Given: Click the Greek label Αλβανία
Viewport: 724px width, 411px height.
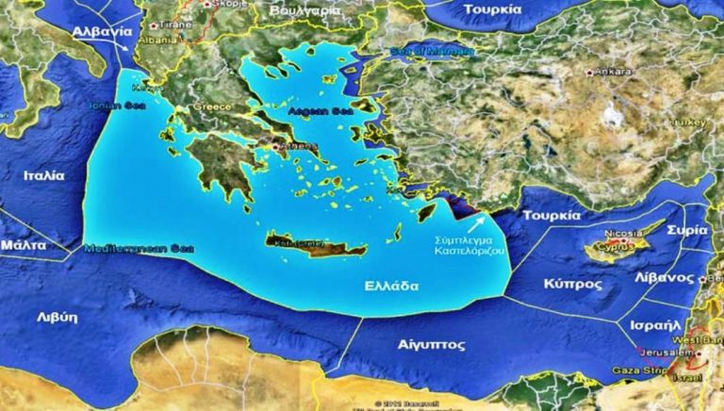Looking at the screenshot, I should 98,31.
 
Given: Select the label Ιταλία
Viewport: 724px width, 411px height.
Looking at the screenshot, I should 44,175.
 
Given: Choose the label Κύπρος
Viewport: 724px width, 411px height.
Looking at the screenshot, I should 571,283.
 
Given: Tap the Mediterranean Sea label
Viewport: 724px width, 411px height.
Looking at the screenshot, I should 139,249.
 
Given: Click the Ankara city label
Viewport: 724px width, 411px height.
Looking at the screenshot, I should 614,72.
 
